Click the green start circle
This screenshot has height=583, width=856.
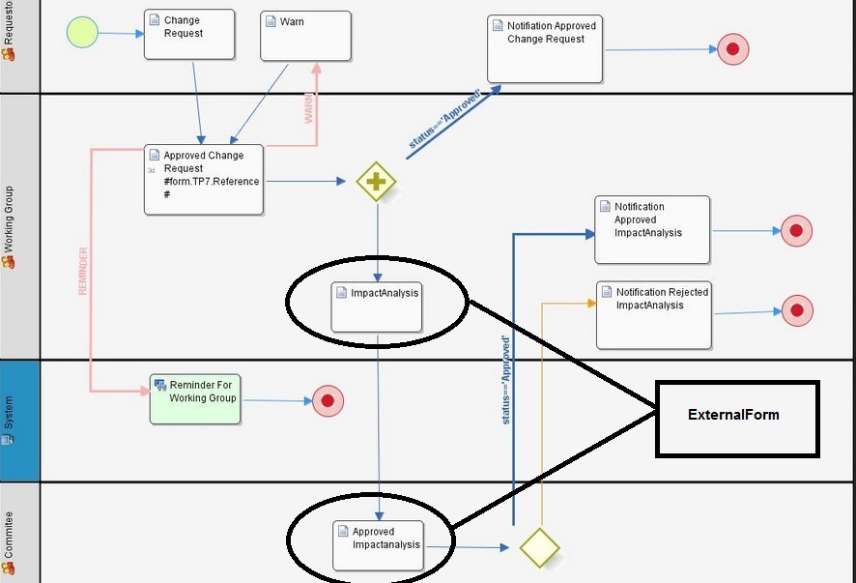(82, 33)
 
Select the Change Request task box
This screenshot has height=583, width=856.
(189, 34)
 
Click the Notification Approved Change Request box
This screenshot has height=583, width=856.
(545, 48)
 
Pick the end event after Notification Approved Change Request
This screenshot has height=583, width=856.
(733, 48)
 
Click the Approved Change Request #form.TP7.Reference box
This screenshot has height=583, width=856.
(204, 179)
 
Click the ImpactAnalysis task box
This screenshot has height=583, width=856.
(377, 306)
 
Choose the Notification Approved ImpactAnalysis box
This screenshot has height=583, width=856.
(652, 229)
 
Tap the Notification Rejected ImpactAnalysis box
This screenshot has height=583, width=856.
(654, 314)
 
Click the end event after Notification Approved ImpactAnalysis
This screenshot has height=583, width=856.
(796, 230)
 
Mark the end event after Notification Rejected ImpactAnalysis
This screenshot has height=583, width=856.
(796, 310)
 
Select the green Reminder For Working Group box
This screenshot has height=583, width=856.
(194, 398)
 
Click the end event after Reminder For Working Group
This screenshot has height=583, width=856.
(328, 400)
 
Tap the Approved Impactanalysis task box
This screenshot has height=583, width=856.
(379, 545)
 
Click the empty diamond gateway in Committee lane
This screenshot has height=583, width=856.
(540, 547)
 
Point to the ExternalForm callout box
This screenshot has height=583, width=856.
(737, 418)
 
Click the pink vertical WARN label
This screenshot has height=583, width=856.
(310, 108)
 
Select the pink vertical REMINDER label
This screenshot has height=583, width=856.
(83, 272)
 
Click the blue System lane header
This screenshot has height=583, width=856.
(19, 421)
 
